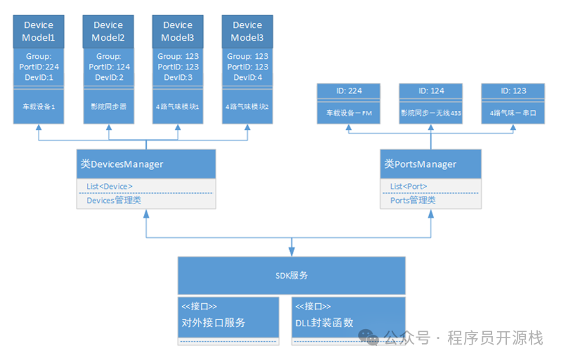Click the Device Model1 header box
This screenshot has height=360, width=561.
click(x=39, y=31)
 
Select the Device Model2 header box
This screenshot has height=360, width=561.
click(x=108, y=31)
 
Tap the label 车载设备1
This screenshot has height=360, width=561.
click(x=39, y=107)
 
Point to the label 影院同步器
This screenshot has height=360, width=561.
click(x=108, y=107)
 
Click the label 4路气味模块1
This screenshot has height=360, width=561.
click(x=178, y=107)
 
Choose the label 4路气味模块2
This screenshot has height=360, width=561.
click(x=247, y=107)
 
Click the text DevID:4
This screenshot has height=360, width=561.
click(x=247, y=77)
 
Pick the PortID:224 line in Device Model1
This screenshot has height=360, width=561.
click(x=39, y=67)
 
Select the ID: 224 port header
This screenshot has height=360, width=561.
click(x=348, y=91)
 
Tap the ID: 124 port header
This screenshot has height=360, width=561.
click(x=431, y=91)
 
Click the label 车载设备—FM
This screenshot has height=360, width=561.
click(x=348, y=113)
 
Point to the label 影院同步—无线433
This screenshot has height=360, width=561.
click(x=431, y=113)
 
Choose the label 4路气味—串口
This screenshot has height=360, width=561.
click(x=513, y=113)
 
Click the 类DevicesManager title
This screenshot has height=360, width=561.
click(x=121, y=164)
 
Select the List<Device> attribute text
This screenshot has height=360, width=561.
click(x=110, y=186)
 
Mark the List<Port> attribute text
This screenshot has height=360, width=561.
click(x=409, y=186)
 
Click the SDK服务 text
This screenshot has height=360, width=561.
click(x=291, y=275)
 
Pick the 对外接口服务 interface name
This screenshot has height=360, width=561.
click(x=213, y=324)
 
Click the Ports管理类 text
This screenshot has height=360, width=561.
click(x=413, y=200)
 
